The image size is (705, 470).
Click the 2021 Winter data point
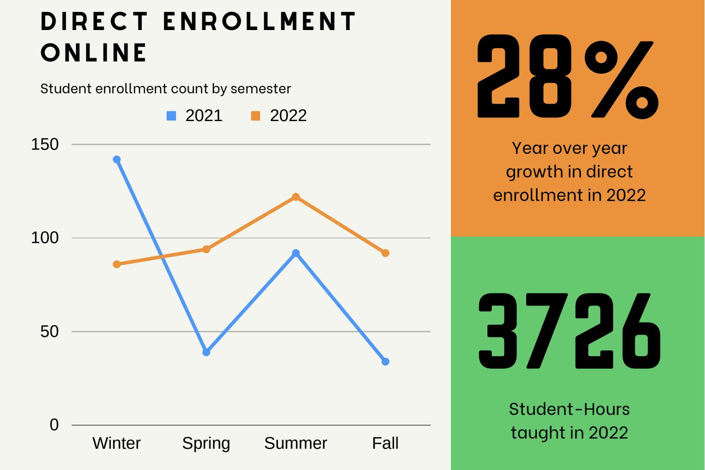(117, 159)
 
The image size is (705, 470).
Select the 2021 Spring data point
(207, 352)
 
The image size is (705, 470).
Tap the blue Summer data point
(296, 253)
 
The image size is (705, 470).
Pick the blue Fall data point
(385, 361)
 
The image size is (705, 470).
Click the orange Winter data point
(117, 264)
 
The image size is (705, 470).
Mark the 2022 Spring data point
(207, 250)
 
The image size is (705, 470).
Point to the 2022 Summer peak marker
(296, 197)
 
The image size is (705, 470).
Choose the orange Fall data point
(385, 253)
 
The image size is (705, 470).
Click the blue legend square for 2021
(171, 116)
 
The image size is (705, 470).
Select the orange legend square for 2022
(255, 116)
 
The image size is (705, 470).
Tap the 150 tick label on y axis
(45, 145)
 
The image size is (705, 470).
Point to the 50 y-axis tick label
(49, 332)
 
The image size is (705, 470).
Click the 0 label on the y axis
(55, 425)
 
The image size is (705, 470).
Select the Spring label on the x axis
(206, 443)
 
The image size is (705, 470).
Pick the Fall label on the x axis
(385, 443)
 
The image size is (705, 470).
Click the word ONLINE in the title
(94, 52)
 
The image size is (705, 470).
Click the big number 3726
(569, 331)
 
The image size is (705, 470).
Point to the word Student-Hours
(569, 409)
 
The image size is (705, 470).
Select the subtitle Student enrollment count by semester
(165, 88)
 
